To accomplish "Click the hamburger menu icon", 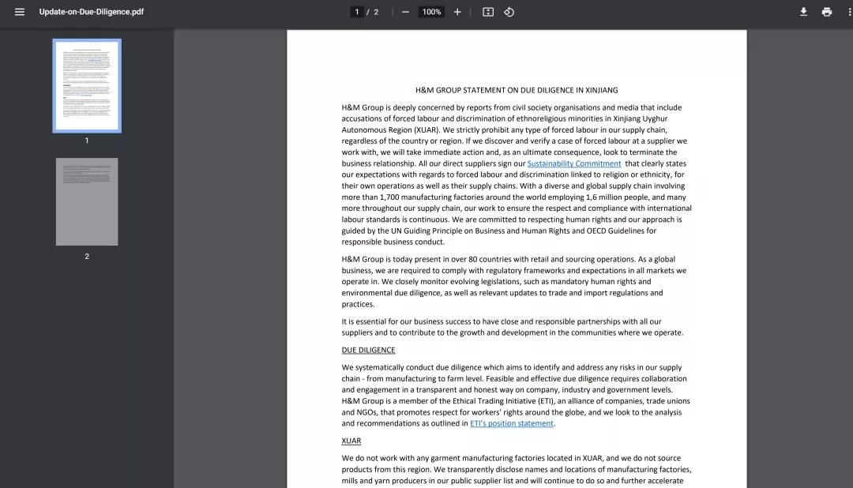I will click(x=20, y=12).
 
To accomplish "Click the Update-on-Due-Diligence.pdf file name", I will click(x=92, y=12).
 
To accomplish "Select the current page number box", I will click(x=357, y=12).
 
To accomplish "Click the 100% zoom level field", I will click(x=431, y=12).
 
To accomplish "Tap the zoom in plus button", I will click(x=457, y=12).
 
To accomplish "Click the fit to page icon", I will click(x=488, y=12).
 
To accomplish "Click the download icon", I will click(x=803, y=12).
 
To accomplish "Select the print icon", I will click(x=826, y=12).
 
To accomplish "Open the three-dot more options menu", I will click(x=847, y=12).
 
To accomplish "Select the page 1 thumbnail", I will click(x=87, y=85).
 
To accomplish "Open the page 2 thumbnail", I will click(x=87, y=201).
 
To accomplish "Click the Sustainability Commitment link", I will click(x=574, y=163).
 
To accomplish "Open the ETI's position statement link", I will click(x=512, y=423).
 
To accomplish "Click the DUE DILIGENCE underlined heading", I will click(x=368, y=350).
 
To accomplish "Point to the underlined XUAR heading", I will click(x=351, y=441).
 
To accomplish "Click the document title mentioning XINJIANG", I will click(x=517, y=90).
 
